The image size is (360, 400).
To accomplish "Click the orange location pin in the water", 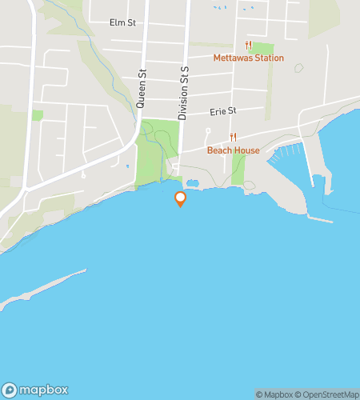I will tap(180, 198).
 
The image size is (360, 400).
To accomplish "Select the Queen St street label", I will tap(141, 86).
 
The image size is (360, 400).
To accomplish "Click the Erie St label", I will tap(223, 111).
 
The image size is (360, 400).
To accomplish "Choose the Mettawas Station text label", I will tap(248, 58).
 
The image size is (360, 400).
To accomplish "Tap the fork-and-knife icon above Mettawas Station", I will tap(248, 46).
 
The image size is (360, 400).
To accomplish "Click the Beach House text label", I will tap(233, 150).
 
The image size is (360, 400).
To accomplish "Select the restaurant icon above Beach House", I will tap(233, 138).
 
